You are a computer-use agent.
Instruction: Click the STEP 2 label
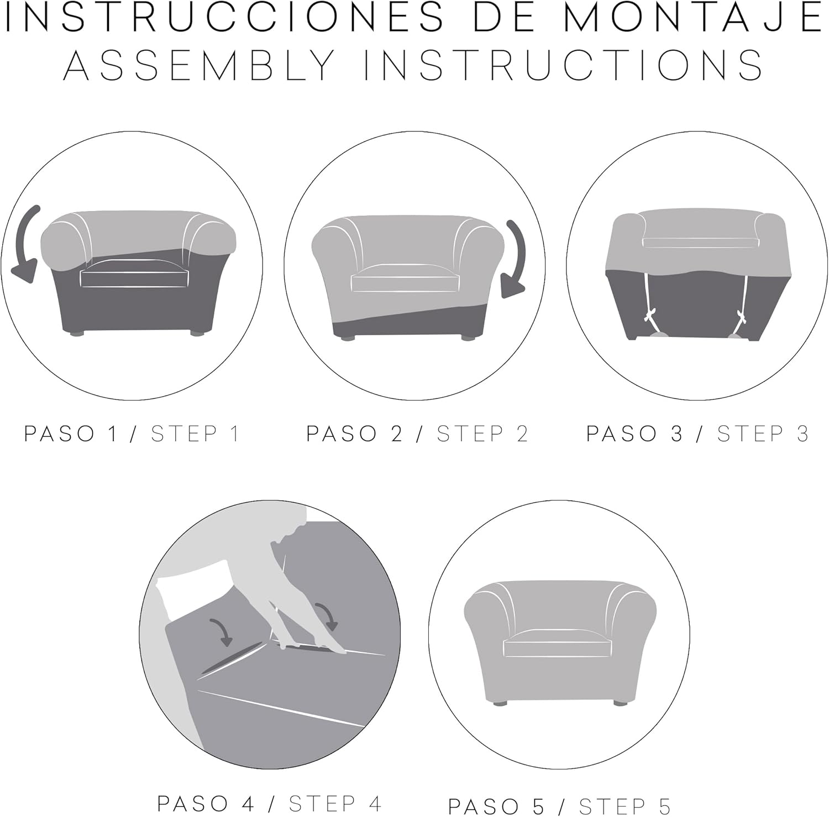point(482,434)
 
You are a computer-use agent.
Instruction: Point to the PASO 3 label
point(634,434)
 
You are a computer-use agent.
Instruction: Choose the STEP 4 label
point(335,803)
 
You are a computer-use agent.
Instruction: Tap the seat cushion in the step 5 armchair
point(558,644)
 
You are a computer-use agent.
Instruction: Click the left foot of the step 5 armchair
point(500,704)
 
